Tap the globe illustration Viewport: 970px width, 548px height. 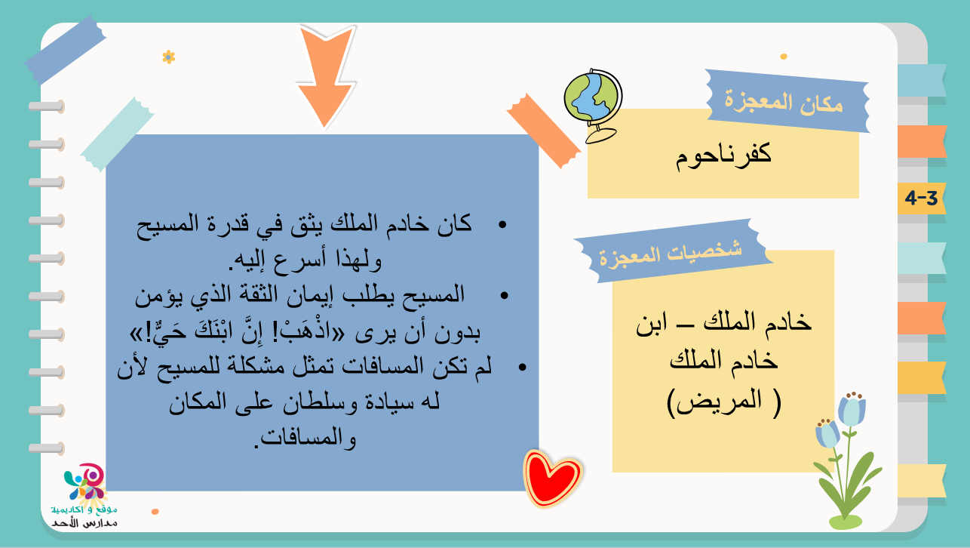click(594, 105)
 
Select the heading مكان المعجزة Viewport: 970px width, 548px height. click(784, 103)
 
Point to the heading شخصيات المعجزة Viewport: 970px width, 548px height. click(671, 254)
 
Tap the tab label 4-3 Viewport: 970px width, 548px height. click(921, 198)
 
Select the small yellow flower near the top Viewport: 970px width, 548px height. click(168, 57)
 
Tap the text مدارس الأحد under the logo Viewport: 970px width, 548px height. click(84, 523)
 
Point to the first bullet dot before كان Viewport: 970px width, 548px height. click(502, 224)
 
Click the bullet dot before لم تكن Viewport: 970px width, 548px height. click(522, 368)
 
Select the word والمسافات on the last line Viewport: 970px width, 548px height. click(308, 438)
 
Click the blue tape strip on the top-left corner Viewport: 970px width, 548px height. click(65, 50)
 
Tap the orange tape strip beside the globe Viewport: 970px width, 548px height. click(544, 131)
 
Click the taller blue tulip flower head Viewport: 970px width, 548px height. click(852, 410)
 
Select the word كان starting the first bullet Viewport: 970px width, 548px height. click(454, 224)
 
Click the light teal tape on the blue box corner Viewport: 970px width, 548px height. click(118, 134)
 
